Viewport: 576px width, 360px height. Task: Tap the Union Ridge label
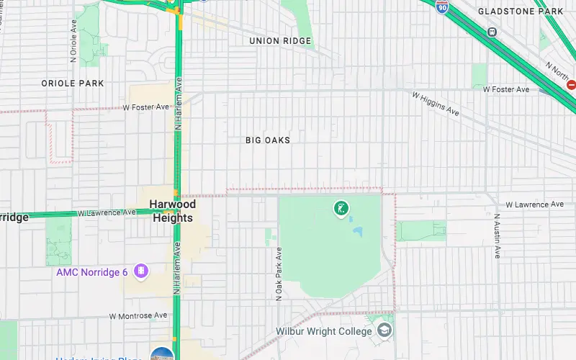pos(280,41)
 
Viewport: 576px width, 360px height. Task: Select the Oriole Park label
pos(72,84)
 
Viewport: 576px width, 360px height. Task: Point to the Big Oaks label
pos(268,140)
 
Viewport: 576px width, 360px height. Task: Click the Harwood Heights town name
pos(172,211)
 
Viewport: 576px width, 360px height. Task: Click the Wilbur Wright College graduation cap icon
pos(385,330)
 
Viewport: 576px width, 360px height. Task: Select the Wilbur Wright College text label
pos(324,332)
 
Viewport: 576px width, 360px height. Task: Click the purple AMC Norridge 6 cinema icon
pos(141,271)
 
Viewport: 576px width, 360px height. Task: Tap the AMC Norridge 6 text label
pos(92,272)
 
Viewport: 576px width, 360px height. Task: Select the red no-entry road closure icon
pos(572,84)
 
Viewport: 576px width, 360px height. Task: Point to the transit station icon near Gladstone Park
pos(492,32)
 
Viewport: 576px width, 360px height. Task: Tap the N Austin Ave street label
pos(497,235)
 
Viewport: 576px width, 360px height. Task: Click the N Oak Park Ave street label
pos(279,274)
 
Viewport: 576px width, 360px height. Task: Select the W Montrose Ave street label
pos(138,315)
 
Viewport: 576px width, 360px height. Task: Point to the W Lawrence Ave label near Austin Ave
pos(534,204)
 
